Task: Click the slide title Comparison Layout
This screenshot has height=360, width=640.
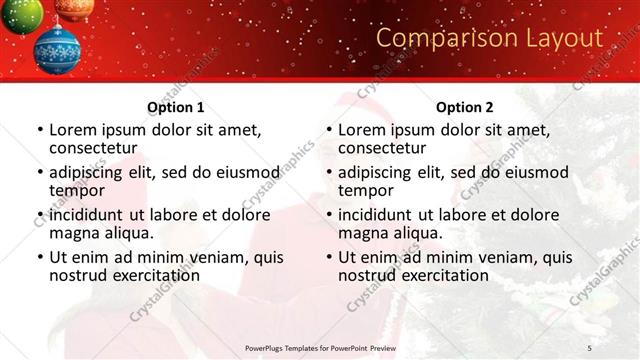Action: click(489, 38)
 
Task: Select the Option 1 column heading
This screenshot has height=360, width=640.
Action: click(175, 107)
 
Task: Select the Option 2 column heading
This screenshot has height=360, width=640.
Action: click(464, 107)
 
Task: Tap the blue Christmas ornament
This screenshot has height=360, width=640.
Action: click(57, 50)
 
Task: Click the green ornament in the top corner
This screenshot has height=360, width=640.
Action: click(20, 13)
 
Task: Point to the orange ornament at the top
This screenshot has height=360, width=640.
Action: click(75, 8)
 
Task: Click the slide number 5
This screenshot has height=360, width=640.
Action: click(589, 347)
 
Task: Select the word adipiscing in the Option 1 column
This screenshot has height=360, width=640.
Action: click(93, 172)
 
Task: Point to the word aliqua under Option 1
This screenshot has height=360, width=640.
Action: click(128, 232)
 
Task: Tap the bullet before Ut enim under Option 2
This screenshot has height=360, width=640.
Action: click(329, 257)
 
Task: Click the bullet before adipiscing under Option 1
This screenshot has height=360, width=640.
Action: click(40, 172)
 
